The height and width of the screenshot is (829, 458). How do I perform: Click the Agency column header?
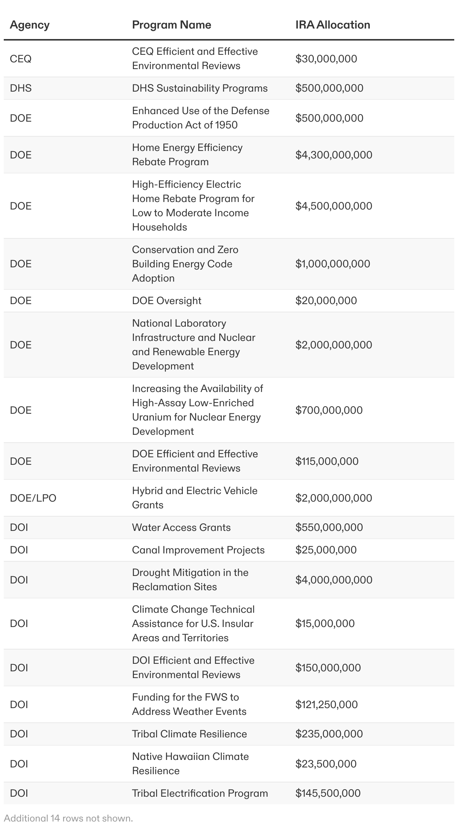pyautogui.click(x=30, y=25)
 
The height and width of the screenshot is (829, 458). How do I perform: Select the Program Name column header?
pyautogui.click(x=172, y=25)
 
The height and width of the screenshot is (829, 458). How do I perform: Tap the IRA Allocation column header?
pyautogui.click(x=333, y=25)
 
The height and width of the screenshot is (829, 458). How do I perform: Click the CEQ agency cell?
pyautogui.click(x=21, y=59)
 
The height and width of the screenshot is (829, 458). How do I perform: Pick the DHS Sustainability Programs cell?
pyautogui.click(x=200, y=88)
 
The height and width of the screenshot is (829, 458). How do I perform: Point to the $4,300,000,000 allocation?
pyautogui.click(x=334, y=155)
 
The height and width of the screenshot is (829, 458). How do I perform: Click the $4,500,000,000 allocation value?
pyautogui.click(x=334, y=206)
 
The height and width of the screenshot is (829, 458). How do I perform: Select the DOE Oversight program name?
pyautogui.click(x=167, y=301)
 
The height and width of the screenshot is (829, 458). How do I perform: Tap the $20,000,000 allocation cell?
pyautogui.click(x=326, y=301)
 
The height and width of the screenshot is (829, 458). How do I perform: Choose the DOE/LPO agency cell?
pyautogui.click(x=33, y=498)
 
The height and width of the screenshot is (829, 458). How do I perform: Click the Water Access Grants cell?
pyautogui.click(x=181, y=528)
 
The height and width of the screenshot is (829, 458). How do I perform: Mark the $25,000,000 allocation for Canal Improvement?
pyautogui.click(x=326, y=550)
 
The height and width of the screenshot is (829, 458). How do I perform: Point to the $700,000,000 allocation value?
pyautogui.click(x=329, y=410)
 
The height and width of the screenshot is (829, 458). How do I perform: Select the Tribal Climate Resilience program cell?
pyautogui.click(x=190, y=734)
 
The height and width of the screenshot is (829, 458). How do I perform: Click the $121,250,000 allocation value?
pyautogui.click(x=327, y=704)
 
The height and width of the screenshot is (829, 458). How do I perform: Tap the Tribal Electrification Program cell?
pyautogui.click(x=200, y=793)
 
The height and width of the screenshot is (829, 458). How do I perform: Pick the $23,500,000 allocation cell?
pyautogui.click(x=326, y=764)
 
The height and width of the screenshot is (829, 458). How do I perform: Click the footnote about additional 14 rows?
pyautogui.click(x=69, y=818)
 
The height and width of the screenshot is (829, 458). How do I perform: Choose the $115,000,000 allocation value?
pyautogui.click(x=327, y=461)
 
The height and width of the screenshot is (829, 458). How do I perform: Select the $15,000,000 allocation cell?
pyautogui.click(x=325, y=623)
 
